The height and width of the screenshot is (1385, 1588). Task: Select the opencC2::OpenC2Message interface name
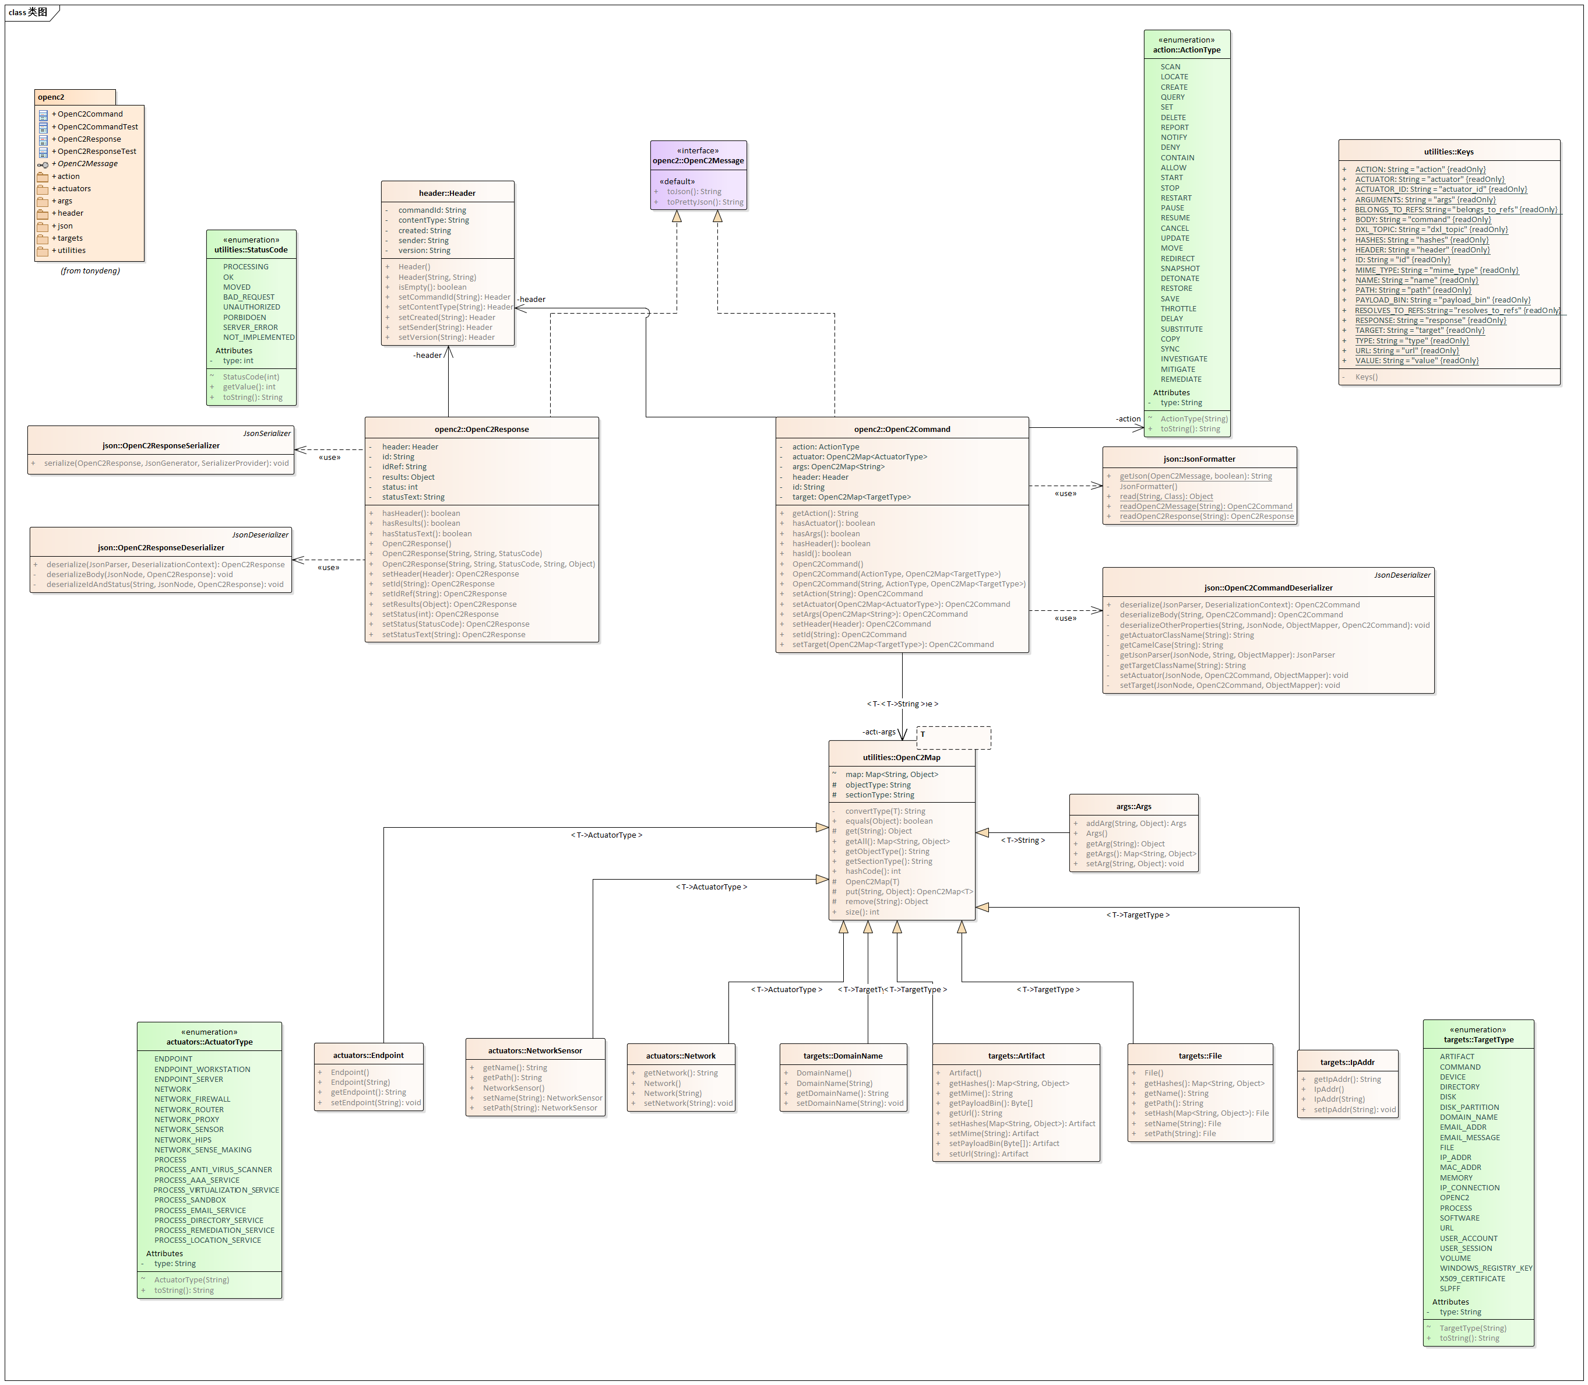click(698, 161)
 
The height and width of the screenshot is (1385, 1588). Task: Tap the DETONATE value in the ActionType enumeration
click(1179, 278)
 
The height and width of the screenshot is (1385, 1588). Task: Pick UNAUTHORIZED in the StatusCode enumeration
click(251, 307)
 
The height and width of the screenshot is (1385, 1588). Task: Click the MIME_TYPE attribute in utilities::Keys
click(1436, 270)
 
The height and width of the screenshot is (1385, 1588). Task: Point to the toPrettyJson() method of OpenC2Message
click(705, 202)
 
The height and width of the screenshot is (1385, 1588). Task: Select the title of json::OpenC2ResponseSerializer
click(161, 446)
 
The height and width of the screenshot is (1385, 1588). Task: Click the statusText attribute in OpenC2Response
click(413, 497)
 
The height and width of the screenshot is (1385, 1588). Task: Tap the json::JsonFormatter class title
click(1199, 459)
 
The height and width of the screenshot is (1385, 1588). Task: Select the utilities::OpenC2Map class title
click(901, 757)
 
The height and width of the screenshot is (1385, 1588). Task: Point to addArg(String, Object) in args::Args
click(1135, 823)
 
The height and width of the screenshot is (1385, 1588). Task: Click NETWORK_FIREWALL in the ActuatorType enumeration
click(192, 1099)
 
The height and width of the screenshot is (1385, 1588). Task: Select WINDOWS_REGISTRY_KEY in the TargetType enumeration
click(1485, 1268)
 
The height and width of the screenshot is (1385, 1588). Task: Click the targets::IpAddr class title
click(1347, 1063)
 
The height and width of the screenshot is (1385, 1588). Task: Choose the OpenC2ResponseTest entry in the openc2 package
click(97, 152)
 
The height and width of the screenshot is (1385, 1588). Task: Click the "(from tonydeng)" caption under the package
click(90, 270)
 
